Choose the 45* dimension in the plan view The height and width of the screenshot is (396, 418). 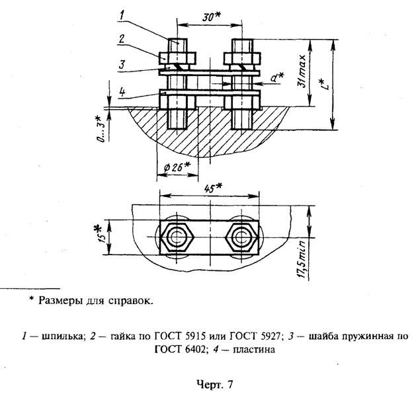click(212, 187)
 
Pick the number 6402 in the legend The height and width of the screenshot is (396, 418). click(189, 350)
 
